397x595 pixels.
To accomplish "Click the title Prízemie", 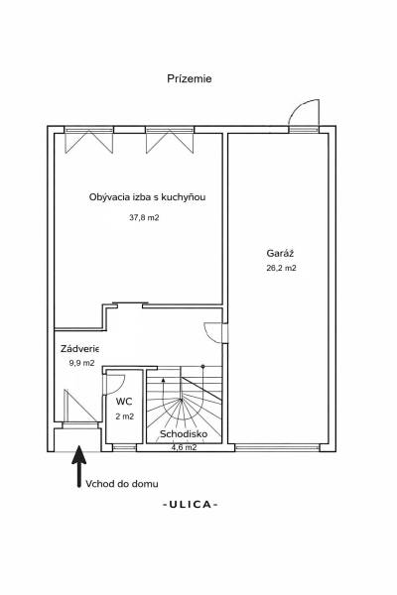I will click(190, 77).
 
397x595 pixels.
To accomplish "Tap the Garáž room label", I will click(281, 252).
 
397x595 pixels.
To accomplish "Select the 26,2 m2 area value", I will click(281, 268).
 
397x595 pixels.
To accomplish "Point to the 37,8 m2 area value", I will click(144, 217).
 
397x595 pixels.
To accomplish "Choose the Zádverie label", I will click(77, 348).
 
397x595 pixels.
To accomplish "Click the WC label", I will click(124, 402).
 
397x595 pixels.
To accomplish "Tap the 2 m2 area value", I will click(124, 416).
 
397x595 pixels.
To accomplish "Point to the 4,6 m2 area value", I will click(184, 447).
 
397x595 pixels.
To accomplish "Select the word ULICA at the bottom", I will click(190, 505).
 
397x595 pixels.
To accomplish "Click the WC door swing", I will click(114, 383).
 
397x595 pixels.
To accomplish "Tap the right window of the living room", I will click(166, 140).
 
